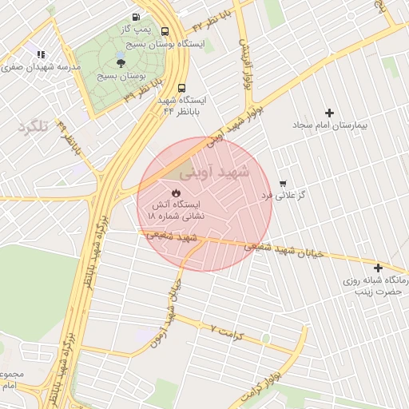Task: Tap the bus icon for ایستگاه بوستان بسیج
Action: click(165, 32)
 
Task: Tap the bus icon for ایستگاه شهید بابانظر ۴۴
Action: click(183, 88)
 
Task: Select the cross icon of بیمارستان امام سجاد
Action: click(329, 113)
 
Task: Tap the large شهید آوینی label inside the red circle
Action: click(214, 172)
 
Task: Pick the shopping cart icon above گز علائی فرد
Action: click(282, 182)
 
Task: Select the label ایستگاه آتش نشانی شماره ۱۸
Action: click(177, 210)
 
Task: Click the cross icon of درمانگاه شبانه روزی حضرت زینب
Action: click(378, 268)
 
